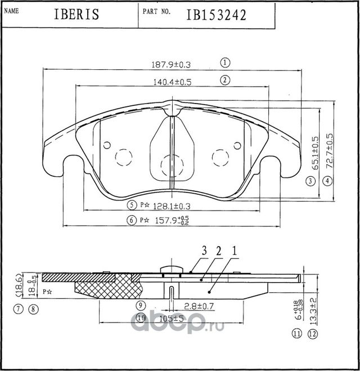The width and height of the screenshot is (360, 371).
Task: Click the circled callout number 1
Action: (224, 62)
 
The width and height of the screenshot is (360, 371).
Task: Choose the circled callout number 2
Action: (224, 80)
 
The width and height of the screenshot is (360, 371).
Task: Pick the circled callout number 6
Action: (131, 220)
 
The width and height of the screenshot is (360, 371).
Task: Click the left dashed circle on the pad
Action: (123, 158)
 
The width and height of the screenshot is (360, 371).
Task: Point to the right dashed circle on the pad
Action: (219, 158)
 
